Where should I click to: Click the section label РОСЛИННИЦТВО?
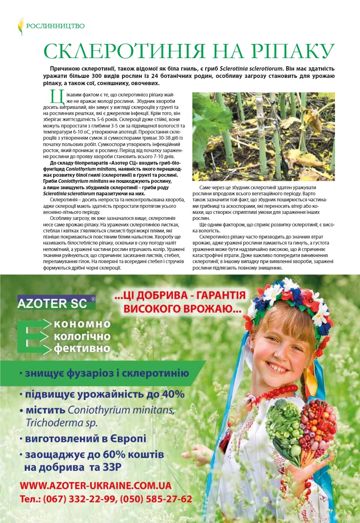click(55, 26)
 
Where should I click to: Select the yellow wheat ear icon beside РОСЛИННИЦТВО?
click(20, 26)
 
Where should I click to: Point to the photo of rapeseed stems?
click(263, 136)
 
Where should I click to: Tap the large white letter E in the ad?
click(33, 336)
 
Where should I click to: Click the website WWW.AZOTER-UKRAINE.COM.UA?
click(96, 485)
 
